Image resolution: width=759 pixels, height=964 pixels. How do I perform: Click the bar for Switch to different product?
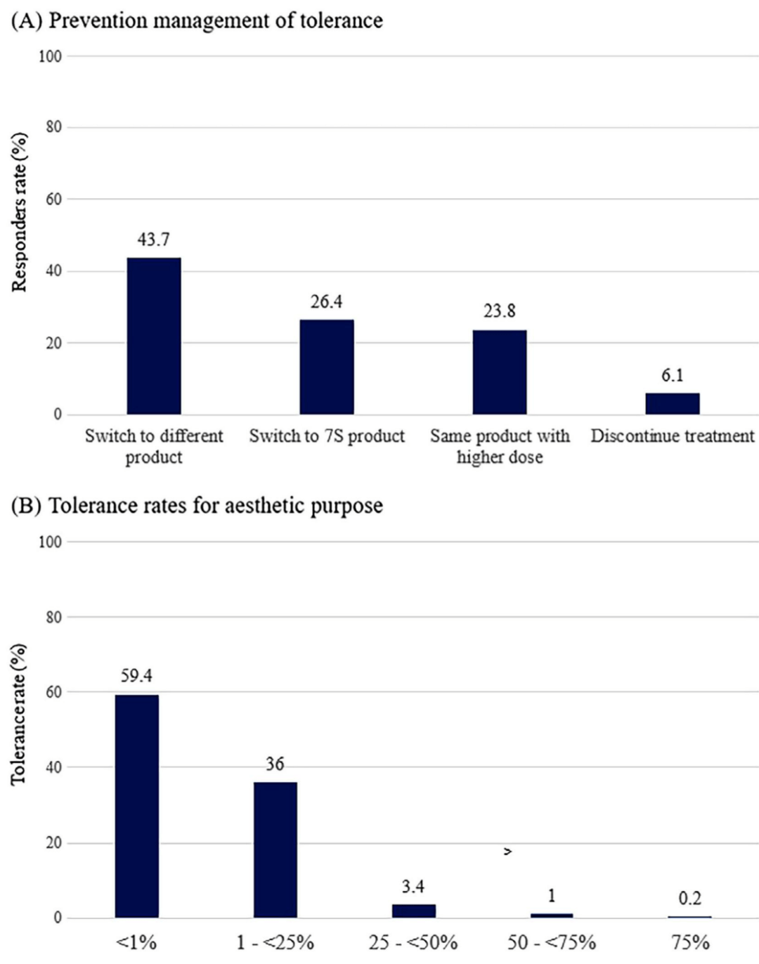tap(153, 336)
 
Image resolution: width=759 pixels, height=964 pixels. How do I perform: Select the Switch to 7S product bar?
tap(327, 367)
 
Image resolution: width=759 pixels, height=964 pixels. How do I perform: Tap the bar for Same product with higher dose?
tap(499, 372)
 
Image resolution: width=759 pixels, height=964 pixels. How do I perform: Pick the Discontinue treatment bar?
tap(672, 403)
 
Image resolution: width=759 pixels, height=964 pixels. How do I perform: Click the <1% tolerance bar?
tap(136, 806)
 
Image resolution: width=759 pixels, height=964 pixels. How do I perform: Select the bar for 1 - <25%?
tap(275, 849)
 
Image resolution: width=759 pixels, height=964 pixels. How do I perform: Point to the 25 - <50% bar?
tap(413, 911)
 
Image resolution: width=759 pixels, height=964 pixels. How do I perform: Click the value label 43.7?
tap(153, 240)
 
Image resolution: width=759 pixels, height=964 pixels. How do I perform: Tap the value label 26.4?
tap(327, 301)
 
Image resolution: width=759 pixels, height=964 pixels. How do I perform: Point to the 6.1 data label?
tap(672, 375)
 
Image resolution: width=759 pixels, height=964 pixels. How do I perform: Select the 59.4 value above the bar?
tap(136, 676)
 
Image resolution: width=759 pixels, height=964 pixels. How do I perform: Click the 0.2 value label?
tap(689, 898)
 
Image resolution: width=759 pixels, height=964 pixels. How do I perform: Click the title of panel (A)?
tap(197, 20)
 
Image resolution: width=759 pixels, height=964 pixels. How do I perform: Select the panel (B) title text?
tap(197, 505)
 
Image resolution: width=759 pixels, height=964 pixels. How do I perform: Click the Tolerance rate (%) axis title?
tap(19, 714)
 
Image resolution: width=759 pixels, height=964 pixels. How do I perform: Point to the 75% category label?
tap(689, 942)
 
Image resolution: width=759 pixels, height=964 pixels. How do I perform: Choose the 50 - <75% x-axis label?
tap(552, 942)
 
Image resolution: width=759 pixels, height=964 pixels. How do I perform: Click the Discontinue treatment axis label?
tap(672, 436)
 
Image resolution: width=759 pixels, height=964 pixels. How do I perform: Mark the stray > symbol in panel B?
tap(507, 852)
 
